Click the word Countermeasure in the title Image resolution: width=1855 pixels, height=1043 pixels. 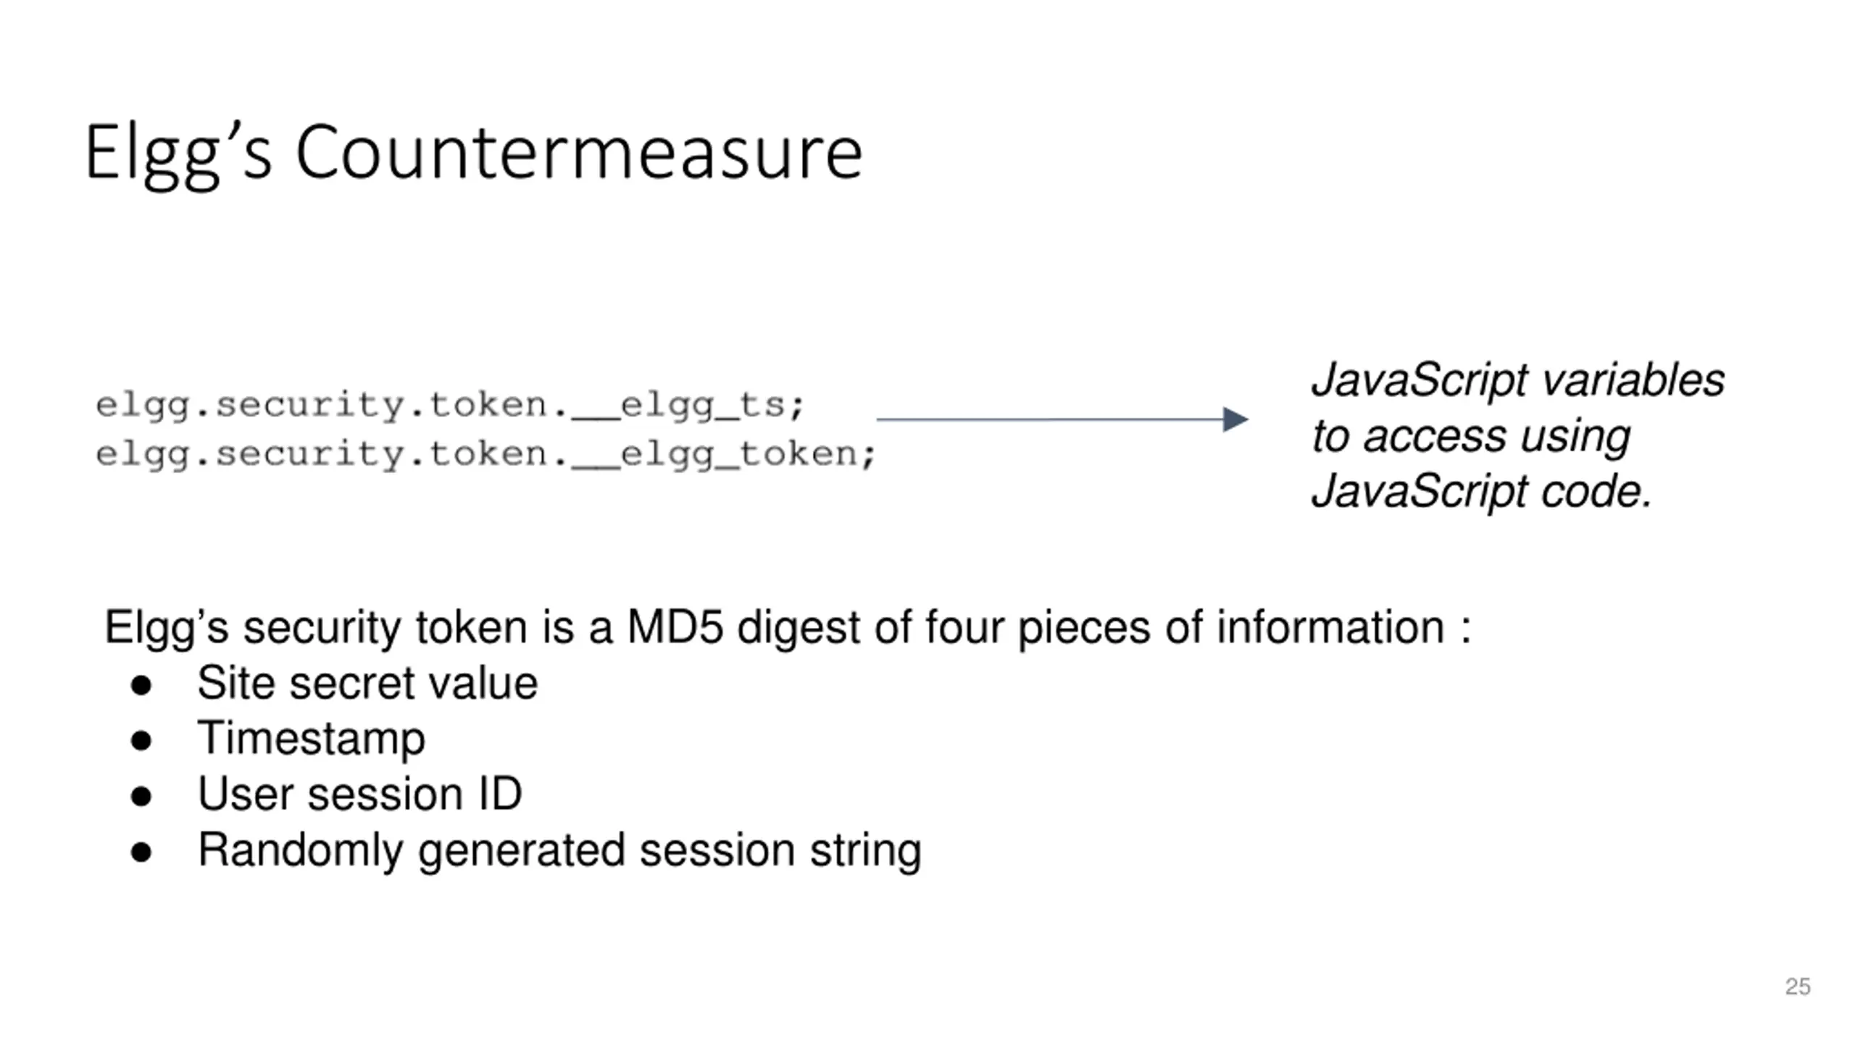[579, 152]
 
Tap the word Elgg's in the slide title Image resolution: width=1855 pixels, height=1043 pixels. [178, 156]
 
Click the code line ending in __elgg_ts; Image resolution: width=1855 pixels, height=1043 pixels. [450, 406]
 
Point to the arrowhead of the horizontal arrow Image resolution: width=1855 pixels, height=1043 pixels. [1235, 419]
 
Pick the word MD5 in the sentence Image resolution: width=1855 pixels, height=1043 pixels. [675, 627]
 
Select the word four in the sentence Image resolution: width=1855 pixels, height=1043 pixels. [964, 627]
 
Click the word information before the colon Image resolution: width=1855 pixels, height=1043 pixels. [1330, 627]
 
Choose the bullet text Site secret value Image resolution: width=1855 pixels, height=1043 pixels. [367, 683]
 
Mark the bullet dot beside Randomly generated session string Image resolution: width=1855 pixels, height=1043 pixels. [141, 853]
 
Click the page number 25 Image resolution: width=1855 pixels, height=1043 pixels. [1798, 987]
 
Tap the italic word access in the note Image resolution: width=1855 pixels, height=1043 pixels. [1434, 437]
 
